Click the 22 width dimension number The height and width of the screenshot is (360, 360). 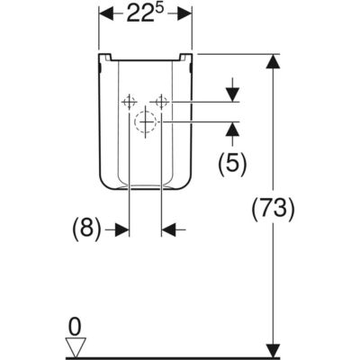(139, 14)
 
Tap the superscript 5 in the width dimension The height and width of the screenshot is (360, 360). (159, 8)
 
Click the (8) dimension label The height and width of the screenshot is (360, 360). (86, 230)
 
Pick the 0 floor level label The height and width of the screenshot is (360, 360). (75, 328)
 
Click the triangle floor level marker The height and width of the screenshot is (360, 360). (76, 346)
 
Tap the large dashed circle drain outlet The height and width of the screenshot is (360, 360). (146, 121)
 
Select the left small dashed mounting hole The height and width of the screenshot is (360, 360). (129, 103)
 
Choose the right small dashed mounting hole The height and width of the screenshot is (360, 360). (162, 103)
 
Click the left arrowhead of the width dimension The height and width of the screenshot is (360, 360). (106, 14)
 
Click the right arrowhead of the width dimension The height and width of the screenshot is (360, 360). (184, 14)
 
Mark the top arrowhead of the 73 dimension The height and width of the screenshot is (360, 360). (273, 62)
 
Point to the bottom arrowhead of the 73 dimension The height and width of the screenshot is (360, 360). (273, 350)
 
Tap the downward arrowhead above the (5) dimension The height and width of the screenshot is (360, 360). (232, 94)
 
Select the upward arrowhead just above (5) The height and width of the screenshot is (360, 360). (232, 130)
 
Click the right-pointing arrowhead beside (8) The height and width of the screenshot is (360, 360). (121, 230)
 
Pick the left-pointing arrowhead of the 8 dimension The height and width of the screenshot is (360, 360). (169, 230)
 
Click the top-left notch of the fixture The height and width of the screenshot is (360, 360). (104, 57)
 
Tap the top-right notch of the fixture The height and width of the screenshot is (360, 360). (186, 57)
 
